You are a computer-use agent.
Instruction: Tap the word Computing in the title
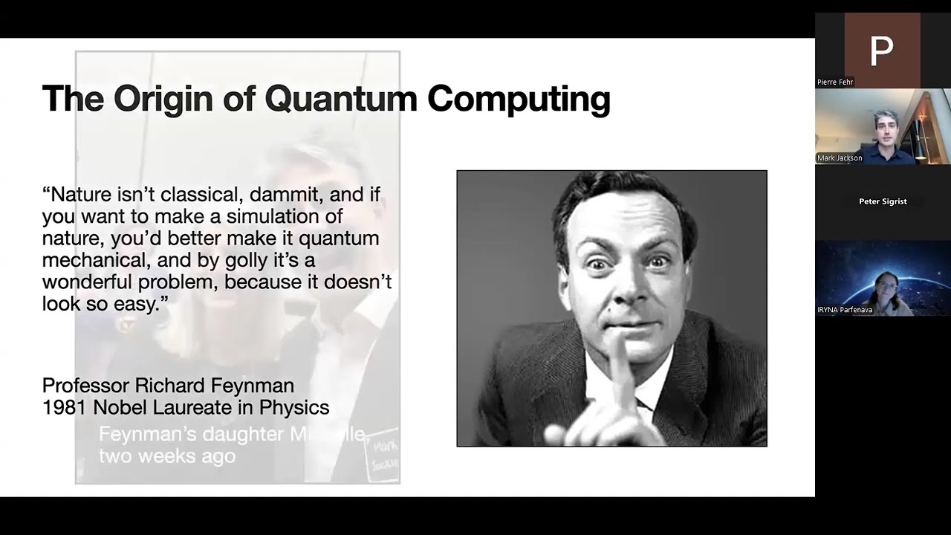click(x=519, y=99)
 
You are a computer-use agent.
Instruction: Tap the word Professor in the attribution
click(x=85, y=386)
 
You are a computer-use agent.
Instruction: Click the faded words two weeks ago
click(x=167, y=455)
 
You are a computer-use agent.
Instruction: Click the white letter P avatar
click(x=882, y=51)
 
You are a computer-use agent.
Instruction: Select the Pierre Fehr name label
click(x=835, y=82)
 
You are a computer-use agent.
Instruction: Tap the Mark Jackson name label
click(x=840, y=158)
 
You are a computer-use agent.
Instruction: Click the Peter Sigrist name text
click(x=883, y=201)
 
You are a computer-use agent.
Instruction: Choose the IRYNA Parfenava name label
click(x=845, y=310)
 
